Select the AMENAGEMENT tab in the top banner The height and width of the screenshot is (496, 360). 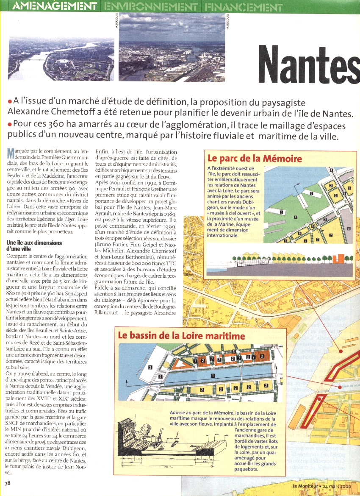tap(53, 6)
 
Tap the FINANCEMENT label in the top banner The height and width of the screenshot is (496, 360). tap(243, 7)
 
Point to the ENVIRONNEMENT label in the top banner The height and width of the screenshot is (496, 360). tap(151, 7)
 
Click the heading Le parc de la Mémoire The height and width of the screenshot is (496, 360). tap(255, 159)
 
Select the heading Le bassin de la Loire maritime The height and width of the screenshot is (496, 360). tap(181, 336)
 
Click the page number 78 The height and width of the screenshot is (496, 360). tap(8, 482)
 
